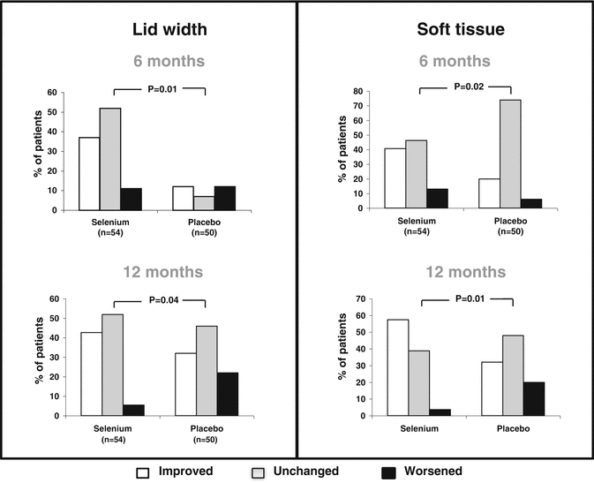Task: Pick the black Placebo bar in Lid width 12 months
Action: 227,394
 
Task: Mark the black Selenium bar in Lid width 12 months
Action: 133,410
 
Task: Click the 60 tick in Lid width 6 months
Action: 52,93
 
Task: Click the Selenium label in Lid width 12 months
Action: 111,430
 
